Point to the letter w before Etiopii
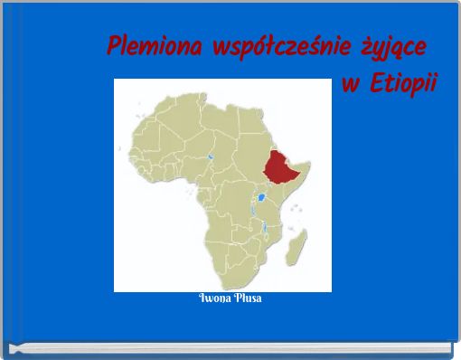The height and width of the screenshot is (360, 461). (x=352, y=86)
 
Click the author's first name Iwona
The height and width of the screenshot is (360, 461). (x=212, y=298)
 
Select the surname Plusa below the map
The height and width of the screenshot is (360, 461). (x=247, y=298)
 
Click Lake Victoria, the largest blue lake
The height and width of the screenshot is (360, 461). (x=261, y=196)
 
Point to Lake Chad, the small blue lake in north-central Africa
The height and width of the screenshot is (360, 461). (x=210, y=156)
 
